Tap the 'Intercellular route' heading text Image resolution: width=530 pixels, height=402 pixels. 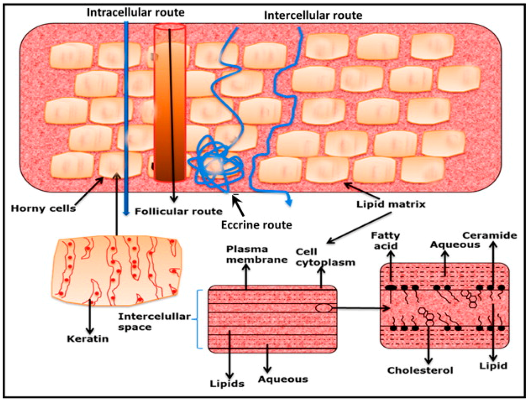(313, 15)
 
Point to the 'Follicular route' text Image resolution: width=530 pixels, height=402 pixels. (178, 211)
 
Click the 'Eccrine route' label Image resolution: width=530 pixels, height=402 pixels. (257, 225)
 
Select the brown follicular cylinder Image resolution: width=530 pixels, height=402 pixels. (169, 103)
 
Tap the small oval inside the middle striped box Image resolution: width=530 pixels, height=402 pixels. (323, 308)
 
